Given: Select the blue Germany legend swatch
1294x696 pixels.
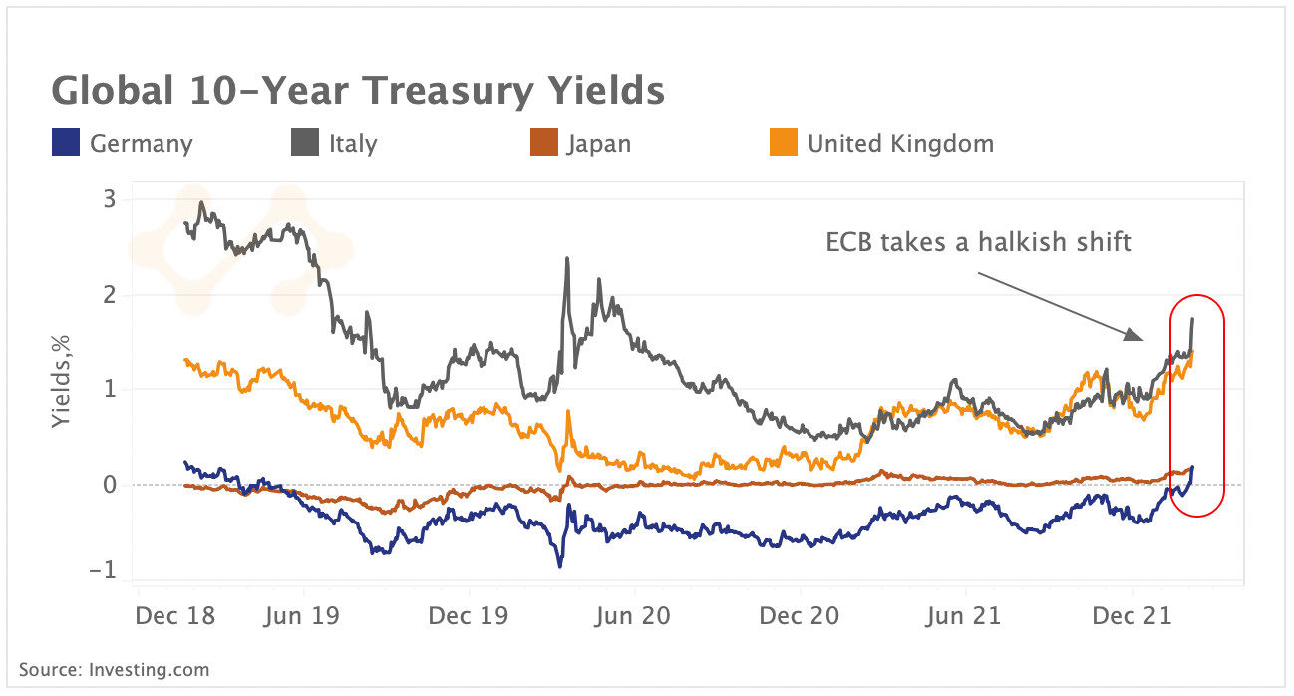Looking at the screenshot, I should pyautogui.click(x=64, y=144).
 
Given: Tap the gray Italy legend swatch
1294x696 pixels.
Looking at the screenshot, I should pyautogui.click(x=303, y=144).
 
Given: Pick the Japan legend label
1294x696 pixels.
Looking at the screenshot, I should pyautogui.click(x=598, y=144).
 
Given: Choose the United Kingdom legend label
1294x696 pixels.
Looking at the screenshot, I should pyautogui.click(x=900, y=144).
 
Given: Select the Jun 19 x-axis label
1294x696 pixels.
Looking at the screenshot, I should pyautogui.click(x=303, y=617).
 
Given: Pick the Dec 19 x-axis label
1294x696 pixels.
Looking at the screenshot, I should pyautogui.click(x=469, y=617).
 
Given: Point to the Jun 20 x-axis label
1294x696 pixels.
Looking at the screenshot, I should pyautogui.click(x=635, y=617).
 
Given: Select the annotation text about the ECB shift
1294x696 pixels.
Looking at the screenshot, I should pyautogui.click(x=979, y=242).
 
